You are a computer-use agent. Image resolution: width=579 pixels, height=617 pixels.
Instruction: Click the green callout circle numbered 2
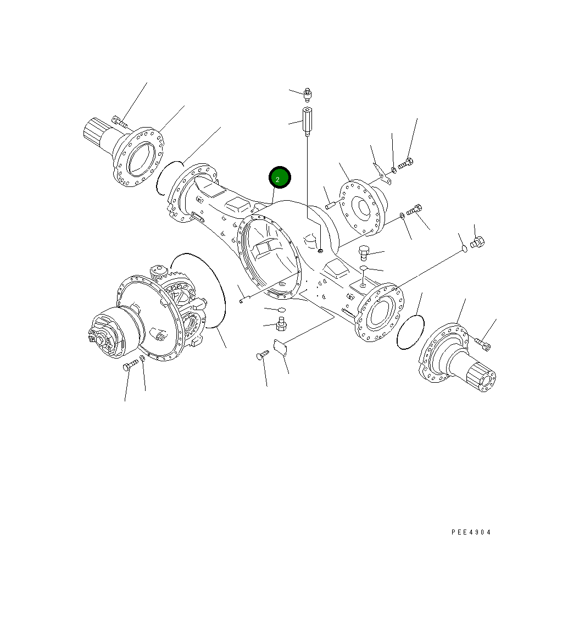click(x=279, y=178)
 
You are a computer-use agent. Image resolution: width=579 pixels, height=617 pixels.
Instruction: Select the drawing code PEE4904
click(x=471, y=532)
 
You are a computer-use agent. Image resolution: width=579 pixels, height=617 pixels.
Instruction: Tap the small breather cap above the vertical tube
click(x=309, y=95)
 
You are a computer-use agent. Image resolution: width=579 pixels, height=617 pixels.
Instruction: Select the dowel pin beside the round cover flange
click(x=331, y=206)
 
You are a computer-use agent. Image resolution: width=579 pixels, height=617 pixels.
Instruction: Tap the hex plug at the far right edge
click(x=477, y=241)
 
